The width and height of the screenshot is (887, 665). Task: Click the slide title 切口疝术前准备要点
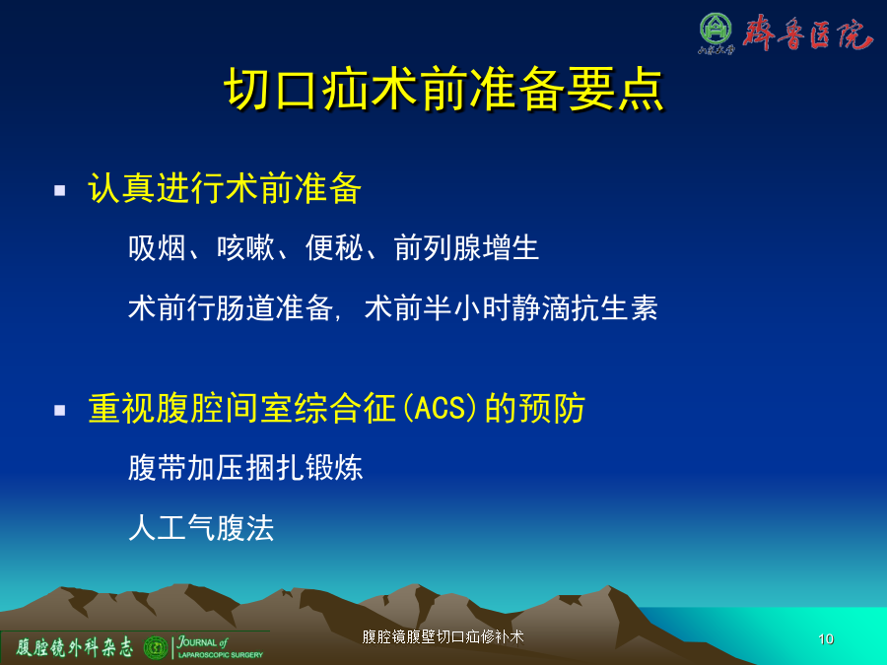click(444, 90)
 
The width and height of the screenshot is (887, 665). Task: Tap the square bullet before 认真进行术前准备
click(59, 190)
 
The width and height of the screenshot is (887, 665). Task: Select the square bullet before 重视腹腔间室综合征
click(59, 410)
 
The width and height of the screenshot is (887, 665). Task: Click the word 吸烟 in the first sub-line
click(157, 247)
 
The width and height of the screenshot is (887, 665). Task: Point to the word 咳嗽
click(245, 247)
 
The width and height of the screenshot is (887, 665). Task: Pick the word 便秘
click(334, 247)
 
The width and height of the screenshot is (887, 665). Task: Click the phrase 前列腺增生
click(467, 247)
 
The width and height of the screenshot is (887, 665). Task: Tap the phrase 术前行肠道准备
click(231, 308)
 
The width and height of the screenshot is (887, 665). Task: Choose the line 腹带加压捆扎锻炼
click(245, 468)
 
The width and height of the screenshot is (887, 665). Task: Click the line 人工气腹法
click(201, 528)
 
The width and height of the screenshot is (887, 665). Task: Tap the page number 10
click(826, 639)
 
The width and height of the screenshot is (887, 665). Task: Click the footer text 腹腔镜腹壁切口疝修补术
click(443, 636)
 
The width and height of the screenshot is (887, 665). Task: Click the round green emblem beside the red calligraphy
click(716, 29)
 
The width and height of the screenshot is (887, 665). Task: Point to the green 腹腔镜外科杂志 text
click(74, 647)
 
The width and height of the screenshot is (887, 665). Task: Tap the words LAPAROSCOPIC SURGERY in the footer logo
click(221, 655)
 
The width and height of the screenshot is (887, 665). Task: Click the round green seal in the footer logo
click(156, 647)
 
